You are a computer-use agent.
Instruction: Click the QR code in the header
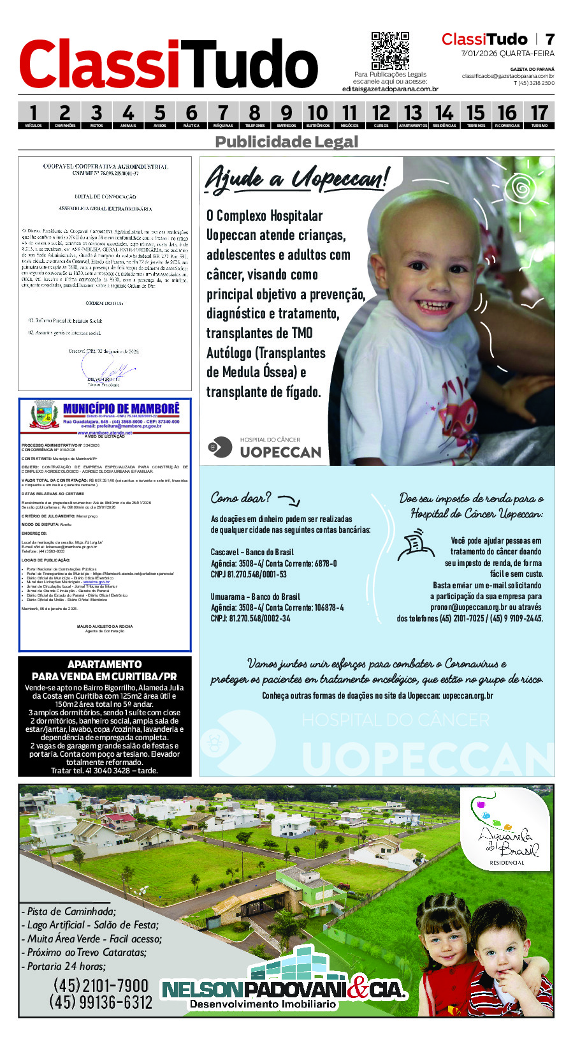pos(390,50)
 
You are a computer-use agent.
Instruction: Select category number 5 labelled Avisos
pos(159,115)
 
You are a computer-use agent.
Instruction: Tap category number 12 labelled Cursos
pos(381,115)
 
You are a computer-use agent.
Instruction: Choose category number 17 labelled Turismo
pos(539,115)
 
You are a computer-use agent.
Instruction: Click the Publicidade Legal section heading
pos(286,142)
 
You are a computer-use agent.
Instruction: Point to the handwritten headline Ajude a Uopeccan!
pos(296,178)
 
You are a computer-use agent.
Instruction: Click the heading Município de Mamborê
pos(121,408)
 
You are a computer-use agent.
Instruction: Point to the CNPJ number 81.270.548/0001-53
pos(249,574)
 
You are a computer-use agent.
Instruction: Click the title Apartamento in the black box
pos(105,664)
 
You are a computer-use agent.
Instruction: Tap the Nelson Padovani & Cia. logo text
pos(284,990)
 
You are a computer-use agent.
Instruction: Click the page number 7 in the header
pos(549,40)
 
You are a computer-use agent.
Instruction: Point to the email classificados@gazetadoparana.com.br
pos(508,76)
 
